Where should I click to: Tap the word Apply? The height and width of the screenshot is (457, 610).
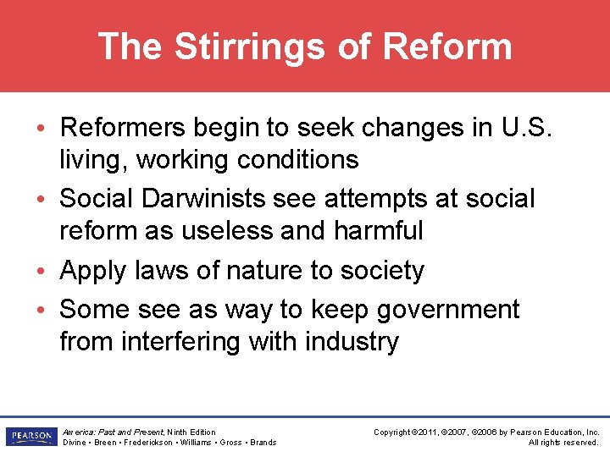[94, 271]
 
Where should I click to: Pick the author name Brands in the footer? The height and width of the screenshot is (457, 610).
[263, 442]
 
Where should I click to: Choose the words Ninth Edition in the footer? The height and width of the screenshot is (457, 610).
[192, 432]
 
